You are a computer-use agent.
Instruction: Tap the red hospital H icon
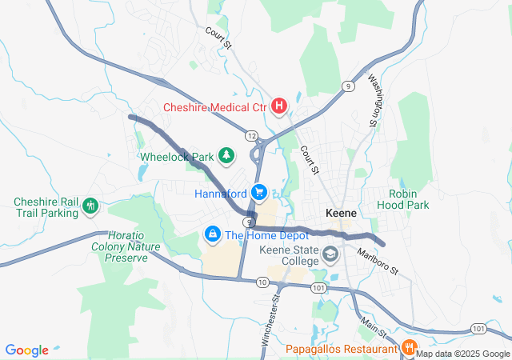click(279, 106)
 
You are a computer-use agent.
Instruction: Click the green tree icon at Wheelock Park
click(227, 154)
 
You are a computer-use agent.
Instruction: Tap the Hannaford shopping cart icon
click(258, 193)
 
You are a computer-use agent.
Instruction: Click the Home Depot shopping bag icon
click(212, 234)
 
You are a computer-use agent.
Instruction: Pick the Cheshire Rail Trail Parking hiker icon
click(90, 206)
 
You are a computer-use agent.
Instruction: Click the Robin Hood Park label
click(409, 199)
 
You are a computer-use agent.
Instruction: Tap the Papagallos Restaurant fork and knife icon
click(407, 348)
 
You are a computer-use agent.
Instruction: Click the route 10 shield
click(262, 282)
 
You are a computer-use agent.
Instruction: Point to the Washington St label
click(373, 101)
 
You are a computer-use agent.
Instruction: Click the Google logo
click(27, 350)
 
